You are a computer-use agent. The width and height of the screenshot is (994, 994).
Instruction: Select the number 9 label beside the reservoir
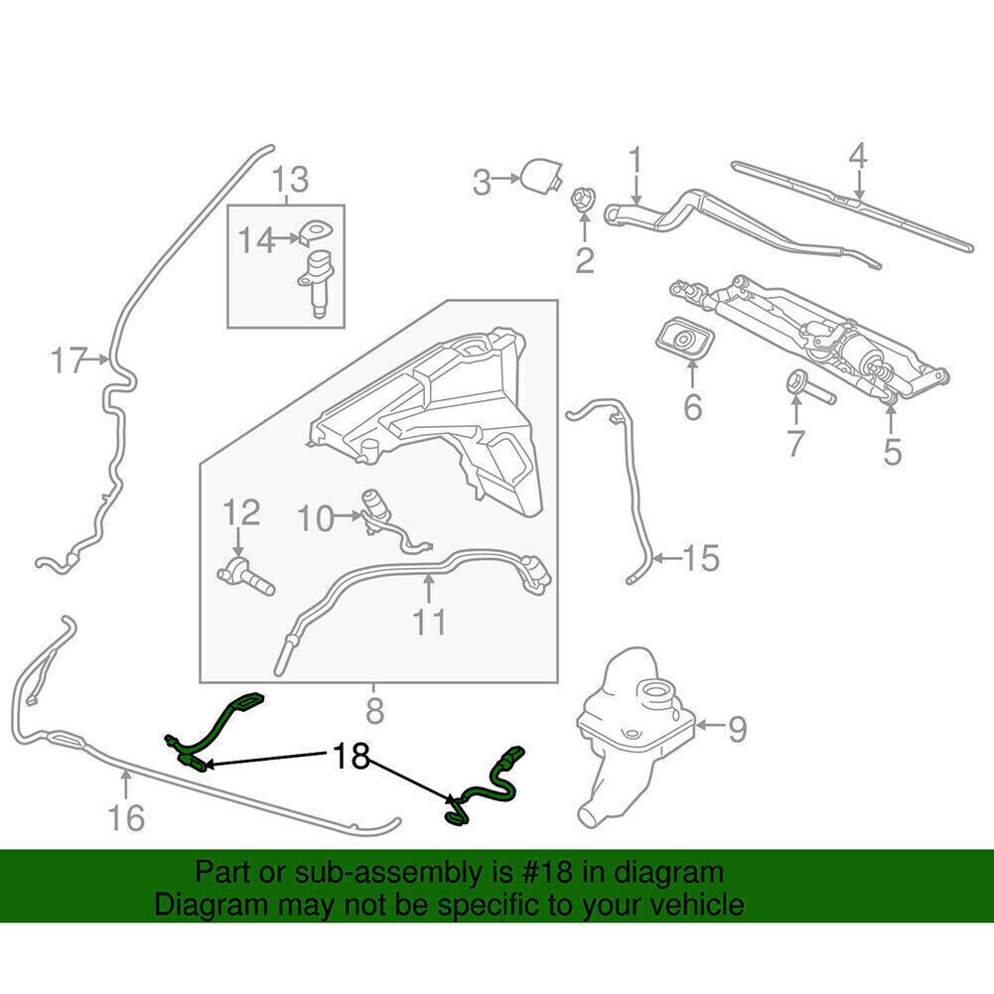[x=736, y=731]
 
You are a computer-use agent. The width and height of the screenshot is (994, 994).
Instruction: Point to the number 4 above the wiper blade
[x=858, y=158]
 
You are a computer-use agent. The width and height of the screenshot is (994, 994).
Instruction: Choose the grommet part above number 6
[x=682, y=341]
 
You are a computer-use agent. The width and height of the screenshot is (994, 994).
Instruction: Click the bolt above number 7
[x=801, y=386]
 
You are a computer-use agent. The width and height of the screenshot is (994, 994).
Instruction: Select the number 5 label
[x=892, y=451]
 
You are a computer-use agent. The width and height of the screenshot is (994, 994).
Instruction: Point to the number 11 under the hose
[x=430, y=622]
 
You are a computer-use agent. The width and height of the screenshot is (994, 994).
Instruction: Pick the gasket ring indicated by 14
[x=314, y=231]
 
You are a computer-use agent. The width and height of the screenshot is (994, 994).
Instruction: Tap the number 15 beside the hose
[x=700, y=558]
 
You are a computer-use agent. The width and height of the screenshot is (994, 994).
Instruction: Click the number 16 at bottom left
[x=125, y=817]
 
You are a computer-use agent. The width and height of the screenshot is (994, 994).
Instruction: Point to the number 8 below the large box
[x=374, y=711]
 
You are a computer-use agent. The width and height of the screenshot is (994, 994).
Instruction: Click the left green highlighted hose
[x=216, y=730]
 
